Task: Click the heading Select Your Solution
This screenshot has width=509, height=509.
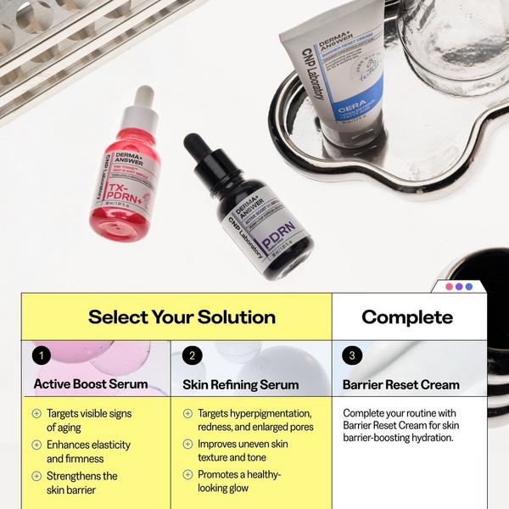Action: pyautogui.click(x=182, y=317)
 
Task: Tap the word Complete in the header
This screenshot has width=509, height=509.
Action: pyautogui.click(x=407, y=317)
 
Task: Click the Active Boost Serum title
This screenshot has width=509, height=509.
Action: pyautogui.click(x=91, y=384)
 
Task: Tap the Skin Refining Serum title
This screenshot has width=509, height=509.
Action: pyautogui.click(x=241, y=384)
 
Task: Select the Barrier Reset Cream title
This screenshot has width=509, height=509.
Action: pyautogui.click(x=401, y=384)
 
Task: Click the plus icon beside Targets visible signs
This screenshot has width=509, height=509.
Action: pyautogui.click(x=36, y=414)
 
